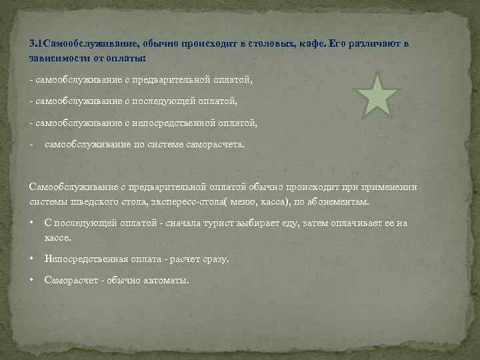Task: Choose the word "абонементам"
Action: [x=337, y=201]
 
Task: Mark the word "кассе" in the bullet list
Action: [x=57, y=237]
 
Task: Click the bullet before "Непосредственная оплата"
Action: [x=33, y=259]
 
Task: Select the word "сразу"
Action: [x=214, y=259]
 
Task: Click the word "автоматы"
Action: [x=167, y=280]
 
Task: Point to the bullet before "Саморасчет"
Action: [x=33, y=280]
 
